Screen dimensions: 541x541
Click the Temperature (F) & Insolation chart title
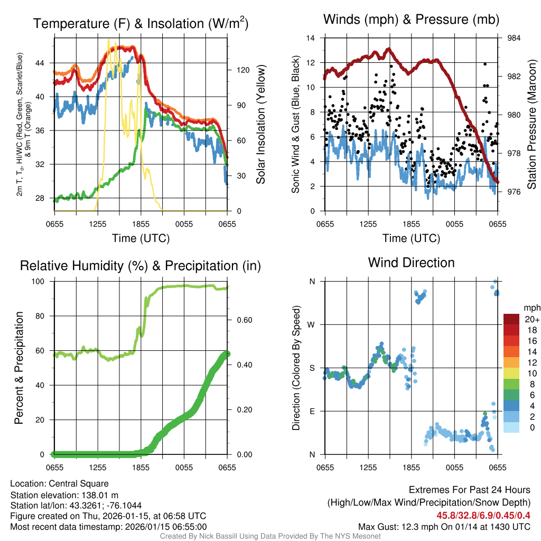coord(141,23)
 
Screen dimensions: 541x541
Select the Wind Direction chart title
coord(411,262)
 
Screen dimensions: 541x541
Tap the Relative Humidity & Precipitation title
coord(141,266)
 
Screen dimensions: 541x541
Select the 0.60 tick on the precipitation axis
coord(239,320)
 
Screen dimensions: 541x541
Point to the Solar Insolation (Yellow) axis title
coord(260,124)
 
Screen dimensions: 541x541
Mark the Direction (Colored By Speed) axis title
coord(296,367)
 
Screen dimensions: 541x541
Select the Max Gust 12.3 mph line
coord(444,526)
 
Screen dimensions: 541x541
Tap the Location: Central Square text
coord(59,483)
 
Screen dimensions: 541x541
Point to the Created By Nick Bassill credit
coord(270,536)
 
